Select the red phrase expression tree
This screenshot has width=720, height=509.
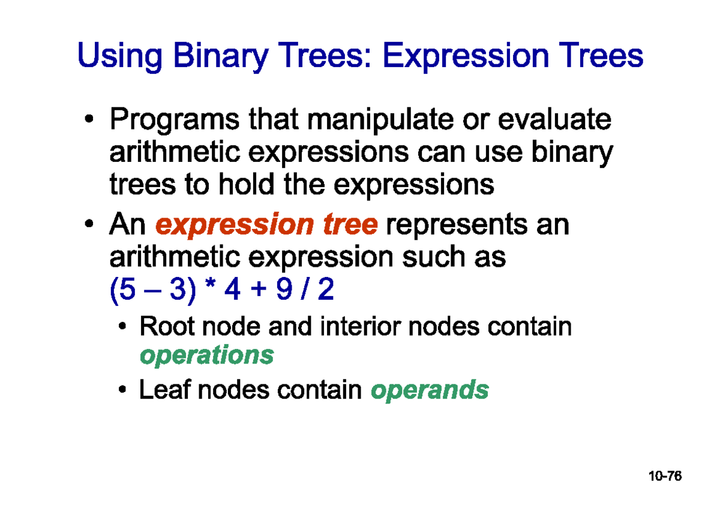click(266, 226)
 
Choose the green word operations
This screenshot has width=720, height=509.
click(206, 356)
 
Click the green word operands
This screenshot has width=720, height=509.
click(430, 390)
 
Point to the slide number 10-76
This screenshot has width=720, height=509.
click(665, 477)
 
